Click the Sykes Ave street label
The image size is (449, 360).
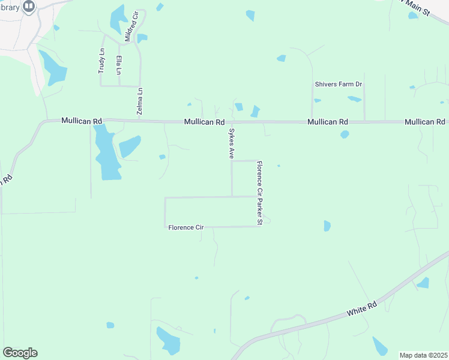(x=231, y=143)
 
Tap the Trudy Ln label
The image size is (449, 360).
(x=101, y=61)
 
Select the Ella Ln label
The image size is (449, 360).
(x=119, y=65)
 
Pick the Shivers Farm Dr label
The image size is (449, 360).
(x=339, y=85)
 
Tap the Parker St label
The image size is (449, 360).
(x=260, y=215)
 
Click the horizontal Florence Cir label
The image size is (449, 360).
(x=186, y=227)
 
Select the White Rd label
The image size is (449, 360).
(x=362, y=310)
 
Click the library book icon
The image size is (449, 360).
(x=28, y=6)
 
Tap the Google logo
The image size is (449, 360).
(x=20, y=353)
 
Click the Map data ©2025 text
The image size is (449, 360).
(x=424, y=355)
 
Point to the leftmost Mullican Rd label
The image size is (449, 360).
(x=81, y=121)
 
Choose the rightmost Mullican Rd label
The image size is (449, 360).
(x=424, y=122)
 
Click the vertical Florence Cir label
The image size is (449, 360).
(x=260, y=179)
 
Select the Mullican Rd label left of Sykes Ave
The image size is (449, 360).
(x=204, y=122)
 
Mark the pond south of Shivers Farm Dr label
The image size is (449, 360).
(x=354, y=99)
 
